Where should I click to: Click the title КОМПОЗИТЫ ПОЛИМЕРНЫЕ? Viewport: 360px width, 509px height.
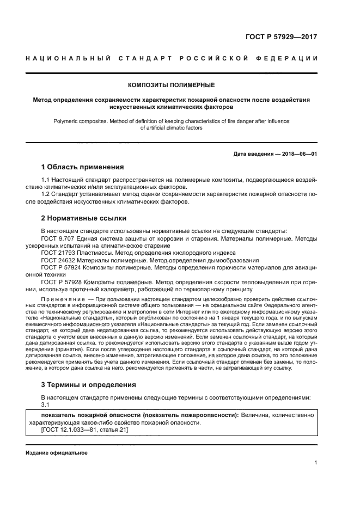(x=171, y=85)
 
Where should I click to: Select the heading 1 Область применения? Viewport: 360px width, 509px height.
(x=83, y=167)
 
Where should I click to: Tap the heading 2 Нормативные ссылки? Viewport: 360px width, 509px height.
(x=84, y=218)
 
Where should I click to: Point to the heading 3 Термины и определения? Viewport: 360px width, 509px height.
(x=89, y=384)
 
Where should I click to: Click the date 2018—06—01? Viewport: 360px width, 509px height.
(x=299, y=154)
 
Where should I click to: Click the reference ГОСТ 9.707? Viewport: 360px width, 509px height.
(x=58, y=238)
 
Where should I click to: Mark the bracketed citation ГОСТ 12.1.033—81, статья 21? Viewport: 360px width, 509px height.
(x=84, y=430)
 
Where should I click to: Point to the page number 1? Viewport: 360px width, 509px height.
(x=315, y=463)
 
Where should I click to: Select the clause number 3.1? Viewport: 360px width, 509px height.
(x=46, y=404)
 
